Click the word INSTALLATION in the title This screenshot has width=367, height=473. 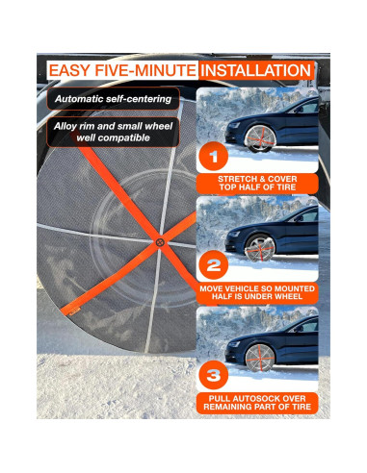tap(255, 71)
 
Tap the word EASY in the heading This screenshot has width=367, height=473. tap(74, 71)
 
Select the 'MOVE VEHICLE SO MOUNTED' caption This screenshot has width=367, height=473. tap(256, 287)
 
